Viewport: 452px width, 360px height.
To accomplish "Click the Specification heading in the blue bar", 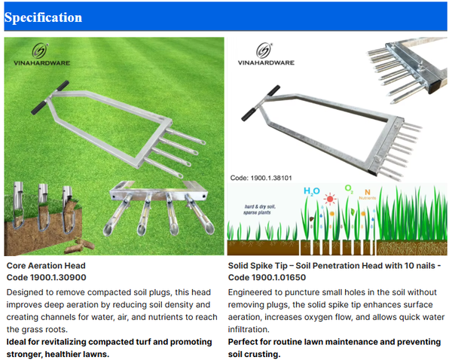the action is tap(43, 17).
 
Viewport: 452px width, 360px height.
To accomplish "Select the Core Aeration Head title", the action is tap(46, 266).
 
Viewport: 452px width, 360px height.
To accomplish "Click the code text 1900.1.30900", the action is tap(61, 278).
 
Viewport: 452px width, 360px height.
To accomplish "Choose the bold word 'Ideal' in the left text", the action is tap(18, 342).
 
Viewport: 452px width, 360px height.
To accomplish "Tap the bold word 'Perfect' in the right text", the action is tap(246, 342).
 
